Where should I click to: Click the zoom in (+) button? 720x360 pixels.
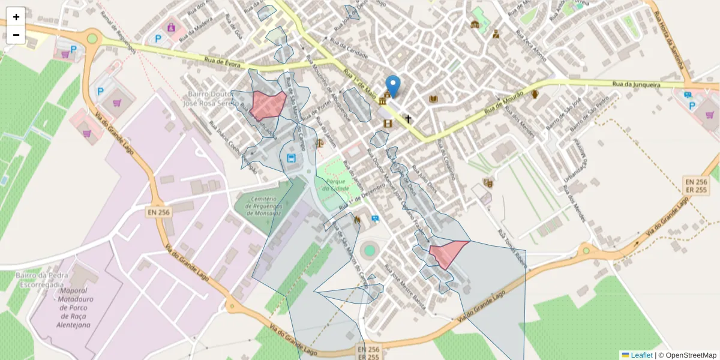pyautogui.click(x=16, y=17)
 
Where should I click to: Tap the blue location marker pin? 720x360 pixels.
pyautogui.click(x=392, y=86)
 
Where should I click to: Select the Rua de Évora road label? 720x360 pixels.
pyautogui.click(x=222, y=60)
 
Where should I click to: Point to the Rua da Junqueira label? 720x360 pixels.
pyautogui.click(x=636, y=85)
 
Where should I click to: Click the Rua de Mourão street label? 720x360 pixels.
pyautogui.click(x=501, y=103)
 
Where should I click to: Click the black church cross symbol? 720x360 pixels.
pyautogui.click(x=409, y=119)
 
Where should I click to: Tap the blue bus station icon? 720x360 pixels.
pyautogui.click(x=292, y=158)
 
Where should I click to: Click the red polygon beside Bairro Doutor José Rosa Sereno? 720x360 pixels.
pyautogui.click(x=267, y=104)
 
